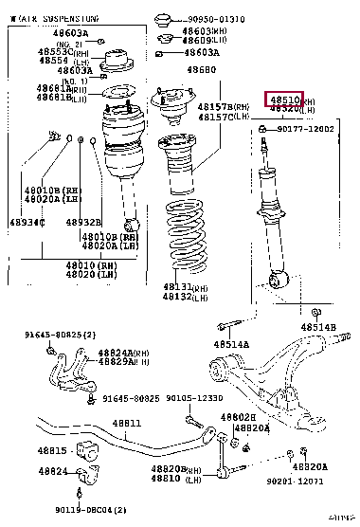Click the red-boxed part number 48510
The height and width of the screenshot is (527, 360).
(284, 99)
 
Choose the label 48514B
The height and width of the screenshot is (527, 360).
(319, 327)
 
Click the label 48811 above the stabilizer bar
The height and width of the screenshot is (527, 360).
(126, 423)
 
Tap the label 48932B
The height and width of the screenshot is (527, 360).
(83, 222)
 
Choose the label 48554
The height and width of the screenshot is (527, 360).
(54, 61)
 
